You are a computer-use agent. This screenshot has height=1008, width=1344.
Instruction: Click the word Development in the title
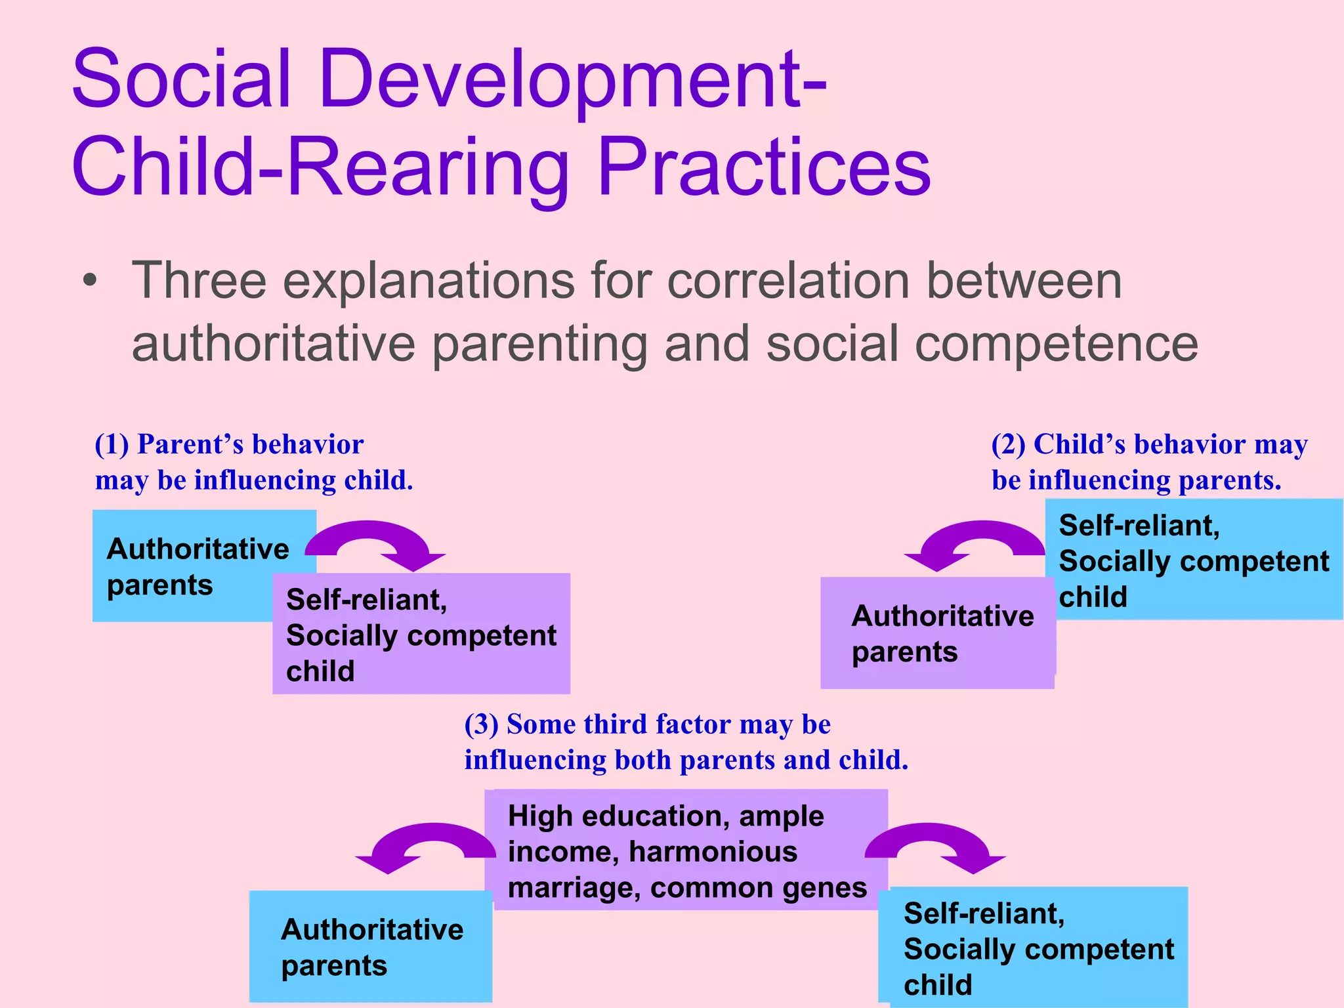561,80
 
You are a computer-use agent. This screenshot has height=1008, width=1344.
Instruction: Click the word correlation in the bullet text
788,281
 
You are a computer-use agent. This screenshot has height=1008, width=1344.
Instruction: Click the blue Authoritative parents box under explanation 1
190,566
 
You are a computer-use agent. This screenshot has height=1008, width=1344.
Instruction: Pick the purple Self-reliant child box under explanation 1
421,635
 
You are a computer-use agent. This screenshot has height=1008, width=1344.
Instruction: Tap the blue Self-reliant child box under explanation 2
1192,560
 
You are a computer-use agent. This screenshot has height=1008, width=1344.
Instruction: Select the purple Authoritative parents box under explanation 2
937,634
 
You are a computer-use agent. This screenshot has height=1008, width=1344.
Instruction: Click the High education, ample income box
686,850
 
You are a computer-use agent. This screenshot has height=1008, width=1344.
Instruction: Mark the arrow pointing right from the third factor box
935,844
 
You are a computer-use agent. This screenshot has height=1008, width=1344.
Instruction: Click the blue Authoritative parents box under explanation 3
371,946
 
